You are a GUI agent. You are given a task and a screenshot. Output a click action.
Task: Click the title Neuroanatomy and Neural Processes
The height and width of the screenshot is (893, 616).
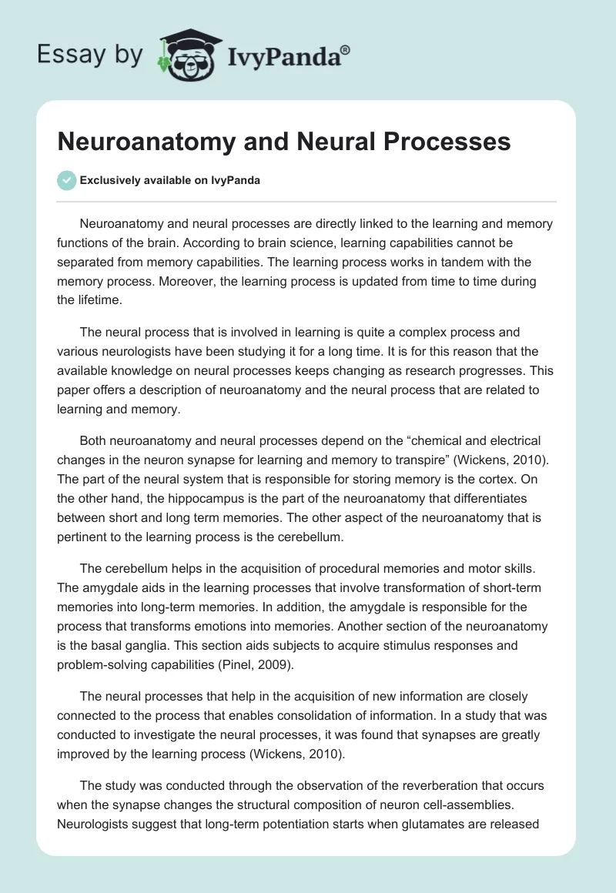[x=284, y=142]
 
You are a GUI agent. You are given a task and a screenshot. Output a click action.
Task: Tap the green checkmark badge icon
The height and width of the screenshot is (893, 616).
[x=66, y=180]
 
